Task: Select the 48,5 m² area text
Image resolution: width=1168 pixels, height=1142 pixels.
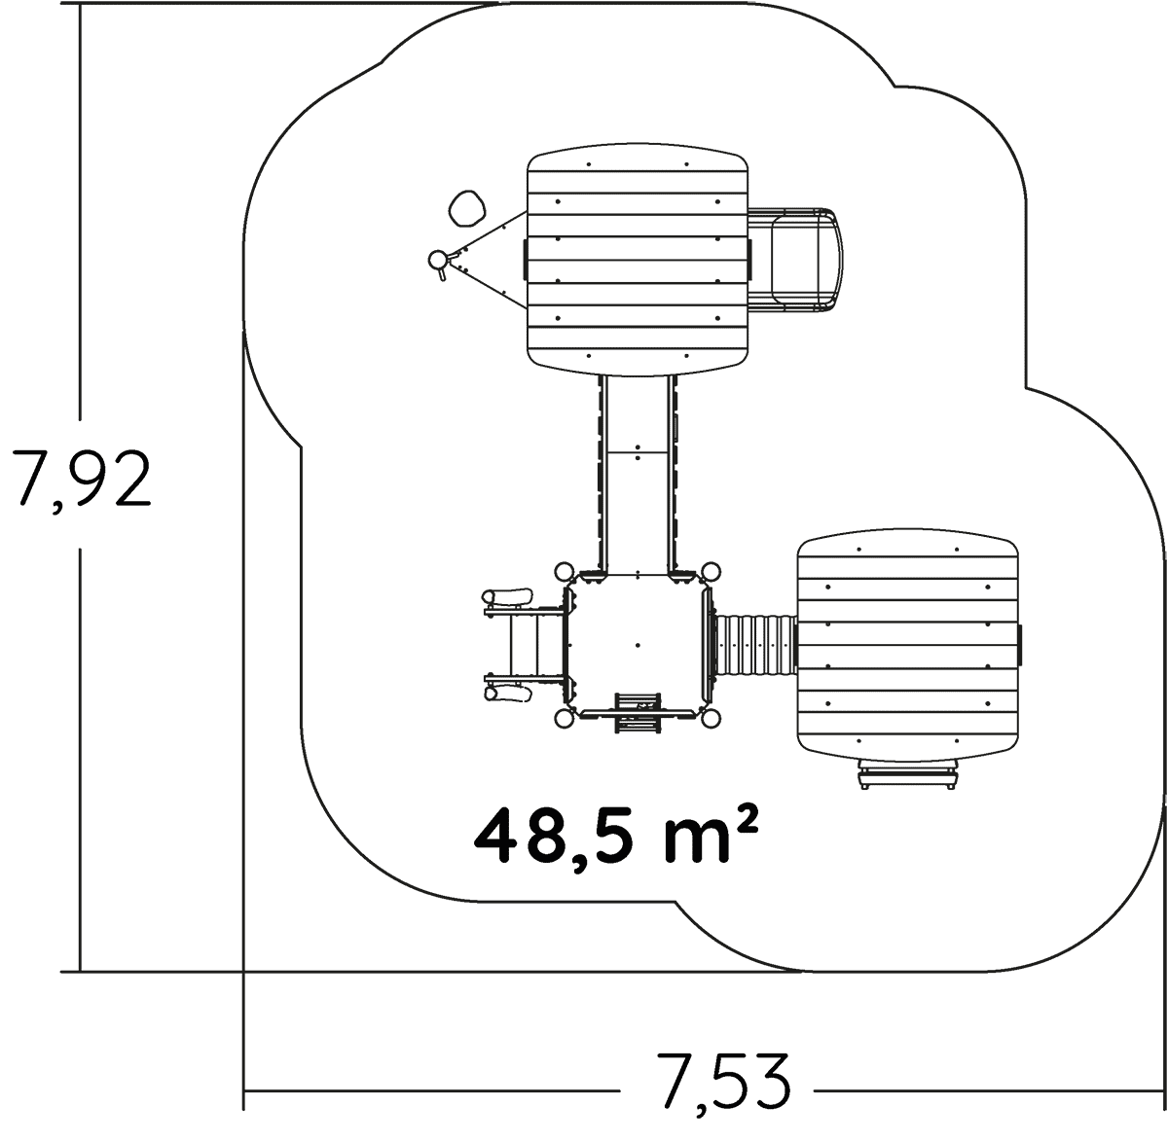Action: click(615, 838)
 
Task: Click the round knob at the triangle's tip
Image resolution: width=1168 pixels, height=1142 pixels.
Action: click(438, 260)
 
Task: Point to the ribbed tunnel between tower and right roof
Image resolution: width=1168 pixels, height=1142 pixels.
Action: click(754, 645)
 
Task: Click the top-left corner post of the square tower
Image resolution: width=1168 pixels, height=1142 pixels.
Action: click(564, 570)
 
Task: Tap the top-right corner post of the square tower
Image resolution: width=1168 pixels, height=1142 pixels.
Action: click(711, 570)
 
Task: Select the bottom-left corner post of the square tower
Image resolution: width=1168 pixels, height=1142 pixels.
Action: click(564, 719)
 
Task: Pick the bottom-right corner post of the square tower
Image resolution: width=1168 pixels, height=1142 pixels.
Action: click(711, 719)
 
